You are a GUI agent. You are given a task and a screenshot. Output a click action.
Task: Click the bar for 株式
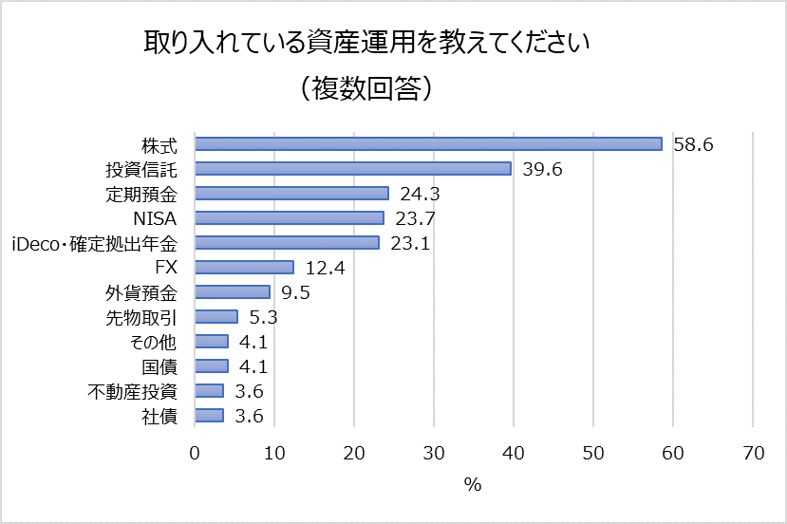tap(428, 144)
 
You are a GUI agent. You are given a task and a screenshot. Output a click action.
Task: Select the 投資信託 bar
tap(353, 169)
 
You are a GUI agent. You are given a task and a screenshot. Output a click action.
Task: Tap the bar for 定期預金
tap(291, 194)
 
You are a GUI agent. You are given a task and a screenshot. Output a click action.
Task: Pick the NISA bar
tap(290, 218)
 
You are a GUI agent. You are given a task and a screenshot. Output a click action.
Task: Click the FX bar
tap(244, 268)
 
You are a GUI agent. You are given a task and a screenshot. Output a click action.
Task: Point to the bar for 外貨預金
tap(233, 292)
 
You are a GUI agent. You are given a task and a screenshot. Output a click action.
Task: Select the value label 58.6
tap(693, 145)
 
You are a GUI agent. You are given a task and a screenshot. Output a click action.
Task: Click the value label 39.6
tap(542, 170)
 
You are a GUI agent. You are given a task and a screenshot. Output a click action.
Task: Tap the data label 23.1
tap(411, 243)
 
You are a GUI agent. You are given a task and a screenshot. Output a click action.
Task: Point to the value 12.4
tap(325, 269)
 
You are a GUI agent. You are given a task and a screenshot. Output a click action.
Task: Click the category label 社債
tap(160, 416)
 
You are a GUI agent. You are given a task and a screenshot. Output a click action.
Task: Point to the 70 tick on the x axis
tap(753, 454)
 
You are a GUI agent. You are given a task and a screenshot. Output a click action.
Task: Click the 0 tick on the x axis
tap(195, 454)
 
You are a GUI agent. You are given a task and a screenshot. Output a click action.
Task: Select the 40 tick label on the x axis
tap(514, 454)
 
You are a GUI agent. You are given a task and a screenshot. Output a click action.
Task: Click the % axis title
tap(473, 485)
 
